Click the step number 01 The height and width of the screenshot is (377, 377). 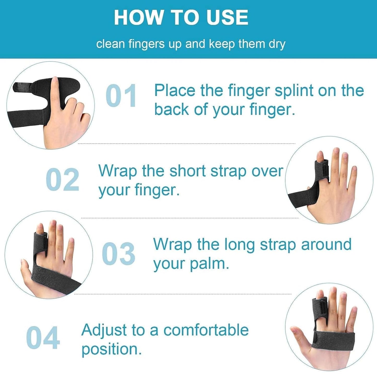121,96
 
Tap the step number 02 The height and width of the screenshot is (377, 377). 62,180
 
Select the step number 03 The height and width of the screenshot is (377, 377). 118,253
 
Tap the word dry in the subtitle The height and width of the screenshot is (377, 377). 277,44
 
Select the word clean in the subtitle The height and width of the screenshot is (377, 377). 110,44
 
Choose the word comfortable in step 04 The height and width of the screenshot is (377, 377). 206,330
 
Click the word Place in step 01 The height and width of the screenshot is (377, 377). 175,91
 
